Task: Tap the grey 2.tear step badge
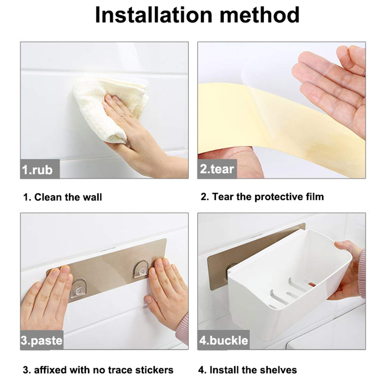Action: [217, 169]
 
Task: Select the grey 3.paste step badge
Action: [42, 340]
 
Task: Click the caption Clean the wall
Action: [63, 197]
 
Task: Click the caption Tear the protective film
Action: [262, 197]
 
